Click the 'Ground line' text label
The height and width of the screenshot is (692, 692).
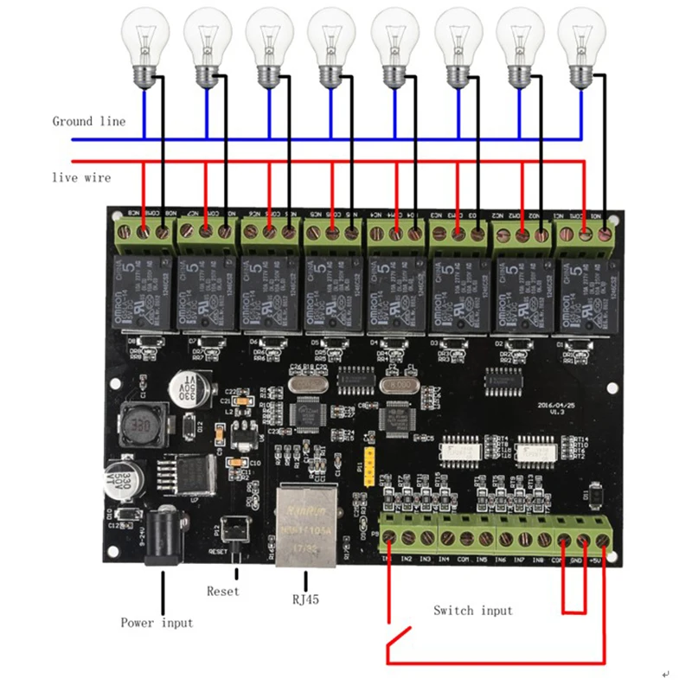pos(88,121)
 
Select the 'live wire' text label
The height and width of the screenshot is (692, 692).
pos(80,177)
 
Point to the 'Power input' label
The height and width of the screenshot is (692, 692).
pos(157,623)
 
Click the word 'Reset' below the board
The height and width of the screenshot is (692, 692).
pos(223,592)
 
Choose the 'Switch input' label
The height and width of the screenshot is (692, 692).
pos(472,611)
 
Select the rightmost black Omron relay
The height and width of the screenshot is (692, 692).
pos(584,292)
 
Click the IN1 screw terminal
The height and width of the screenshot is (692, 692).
pos(389,539)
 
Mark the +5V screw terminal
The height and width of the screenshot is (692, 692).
pos(603,541)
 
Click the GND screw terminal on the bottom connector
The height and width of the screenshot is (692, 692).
pos(583,541)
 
